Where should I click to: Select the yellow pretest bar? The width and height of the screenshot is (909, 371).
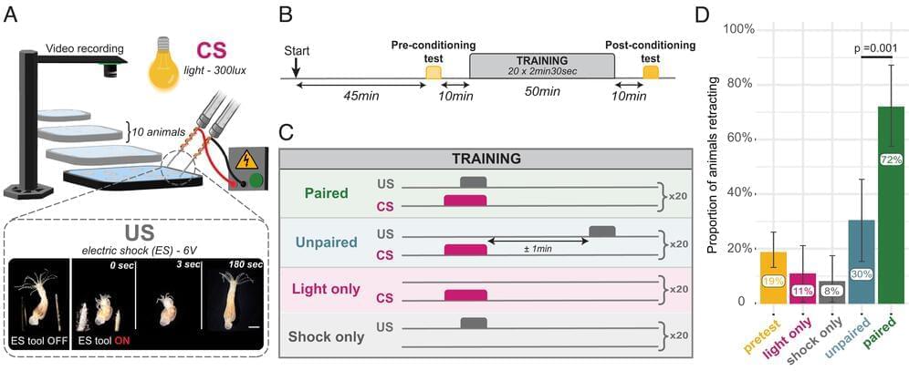click(773, 278)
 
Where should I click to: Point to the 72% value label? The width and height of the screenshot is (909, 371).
click(890, 160)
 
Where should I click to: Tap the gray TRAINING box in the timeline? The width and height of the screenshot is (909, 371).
click(541, 65)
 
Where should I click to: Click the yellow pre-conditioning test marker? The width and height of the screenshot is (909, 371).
click(433, 72)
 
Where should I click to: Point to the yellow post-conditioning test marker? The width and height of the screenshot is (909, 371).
click(650, 72)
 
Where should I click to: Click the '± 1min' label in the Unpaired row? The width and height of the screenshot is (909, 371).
click(535, 247)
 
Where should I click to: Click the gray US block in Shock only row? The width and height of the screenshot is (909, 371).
click(474, 323)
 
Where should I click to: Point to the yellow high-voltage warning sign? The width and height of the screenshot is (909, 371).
click(245, 160)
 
